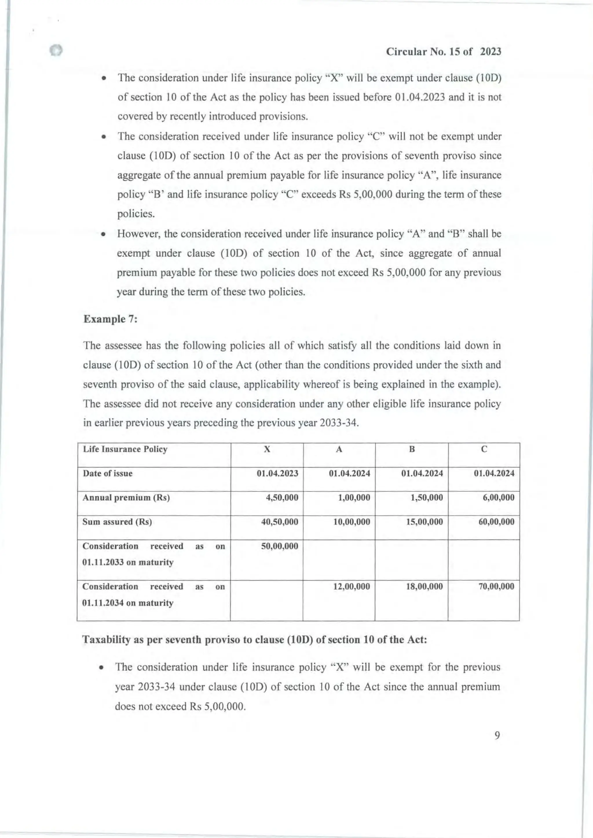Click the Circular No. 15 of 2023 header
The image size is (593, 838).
[443, 52]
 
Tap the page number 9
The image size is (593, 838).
[497, 736]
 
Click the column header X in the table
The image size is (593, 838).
[267, 449]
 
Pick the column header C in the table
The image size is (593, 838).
[484, 449]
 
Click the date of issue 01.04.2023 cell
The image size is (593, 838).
[277, 473]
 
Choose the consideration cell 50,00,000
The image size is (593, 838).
[279, 546]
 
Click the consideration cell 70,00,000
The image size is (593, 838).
[496, 587]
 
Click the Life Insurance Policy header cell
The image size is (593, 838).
[125, 449]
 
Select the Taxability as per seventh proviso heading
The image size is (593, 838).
[255, 639]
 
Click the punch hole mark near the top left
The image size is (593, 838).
[56, 50]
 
